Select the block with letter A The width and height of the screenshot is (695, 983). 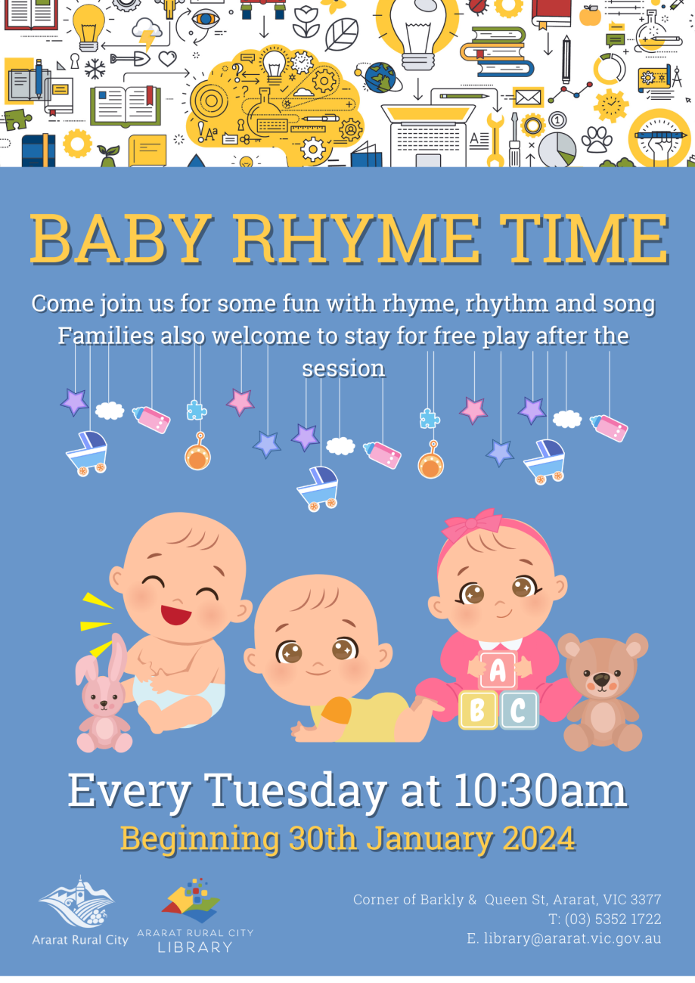click(497, 670)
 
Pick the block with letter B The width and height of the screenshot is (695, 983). click(478, 709)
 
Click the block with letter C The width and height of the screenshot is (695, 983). click(518, 709)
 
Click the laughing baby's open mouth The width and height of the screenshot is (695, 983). click(175, 613)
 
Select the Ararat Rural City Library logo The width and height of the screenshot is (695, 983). click(194, 916)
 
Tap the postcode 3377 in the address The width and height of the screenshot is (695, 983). click(645, 900)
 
